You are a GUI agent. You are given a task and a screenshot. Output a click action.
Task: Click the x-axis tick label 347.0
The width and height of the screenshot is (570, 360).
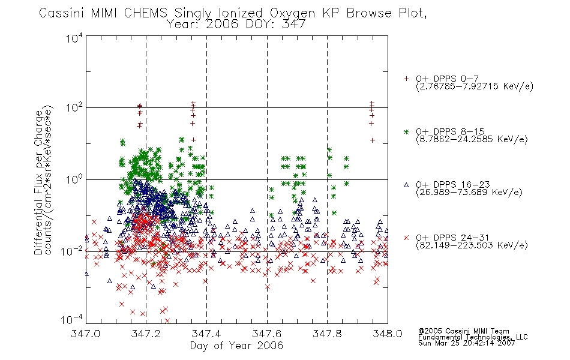[x=85, y=334]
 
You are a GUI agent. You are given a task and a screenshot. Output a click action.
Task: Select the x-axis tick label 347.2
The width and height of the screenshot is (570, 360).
[x=146, y=334]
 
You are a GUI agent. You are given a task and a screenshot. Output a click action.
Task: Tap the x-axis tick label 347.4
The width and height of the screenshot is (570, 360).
[x=206, y=334]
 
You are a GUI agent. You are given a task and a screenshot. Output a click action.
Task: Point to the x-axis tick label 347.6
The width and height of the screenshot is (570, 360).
[x=267, y=334]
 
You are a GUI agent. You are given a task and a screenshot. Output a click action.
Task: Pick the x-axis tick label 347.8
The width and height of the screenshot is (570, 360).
[x=327, y=334]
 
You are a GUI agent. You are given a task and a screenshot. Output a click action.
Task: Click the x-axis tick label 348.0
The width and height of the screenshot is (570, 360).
[x=388, y=334]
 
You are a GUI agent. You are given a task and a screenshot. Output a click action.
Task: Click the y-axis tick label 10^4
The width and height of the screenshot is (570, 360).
[x=74, y=38]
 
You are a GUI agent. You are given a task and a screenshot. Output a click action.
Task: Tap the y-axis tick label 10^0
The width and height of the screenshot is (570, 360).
[x=74, y=179]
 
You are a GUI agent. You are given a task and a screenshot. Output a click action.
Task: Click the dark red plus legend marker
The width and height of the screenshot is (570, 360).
[x=406, y=79]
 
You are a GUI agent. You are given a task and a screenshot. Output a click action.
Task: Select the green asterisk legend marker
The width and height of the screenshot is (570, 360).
[x=406, y=131]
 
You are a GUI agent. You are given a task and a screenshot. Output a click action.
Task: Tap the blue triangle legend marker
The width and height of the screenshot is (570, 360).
[x=406, y=185]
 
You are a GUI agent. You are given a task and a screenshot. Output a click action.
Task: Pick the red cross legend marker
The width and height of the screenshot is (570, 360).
[x=406, y=238]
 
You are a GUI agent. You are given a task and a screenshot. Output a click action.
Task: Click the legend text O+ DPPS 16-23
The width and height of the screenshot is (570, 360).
[x=453, y=185]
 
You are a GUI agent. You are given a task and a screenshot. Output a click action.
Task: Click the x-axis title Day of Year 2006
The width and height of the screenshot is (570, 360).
[x=236, y=346]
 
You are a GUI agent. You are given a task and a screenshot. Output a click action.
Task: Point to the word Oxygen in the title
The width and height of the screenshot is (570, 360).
[x=292, y=13]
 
